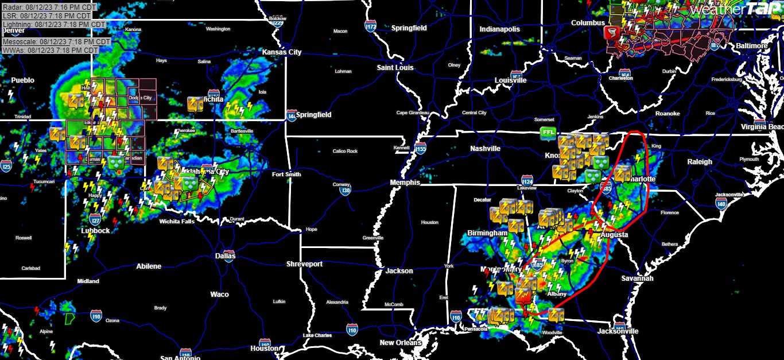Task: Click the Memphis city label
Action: coord(405,183)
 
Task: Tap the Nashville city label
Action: coord(485,149)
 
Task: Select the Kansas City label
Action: coord(281,52)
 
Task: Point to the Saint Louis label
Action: coord(395,68)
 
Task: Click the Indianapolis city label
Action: coord(500,29)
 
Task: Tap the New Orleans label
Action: coord(401,343)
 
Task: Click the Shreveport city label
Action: coord(304,264)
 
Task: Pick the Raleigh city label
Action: coord(700,162)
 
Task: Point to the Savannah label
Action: coord(637,278)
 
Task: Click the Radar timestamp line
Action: coord(49,7)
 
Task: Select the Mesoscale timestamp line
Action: coord(56,42)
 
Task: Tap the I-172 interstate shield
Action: coord(371,26)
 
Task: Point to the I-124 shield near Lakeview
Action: coord(527,181)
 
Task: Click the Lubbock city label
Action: coord(95,231)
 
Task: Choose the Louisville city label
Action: coord(510,80)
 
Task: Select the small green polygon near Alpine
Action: coord(69,318)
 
